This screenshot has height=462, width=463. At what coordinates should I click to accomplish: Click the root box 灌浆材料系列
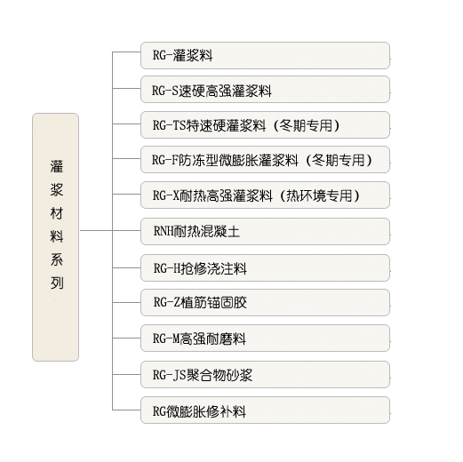pos(55,237)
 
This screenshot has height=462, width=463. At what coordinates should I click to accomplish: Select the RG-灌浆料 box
pos(265,55)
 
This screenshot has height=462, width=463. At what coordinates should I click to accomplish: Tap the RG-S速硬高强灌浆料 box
pos(265,90)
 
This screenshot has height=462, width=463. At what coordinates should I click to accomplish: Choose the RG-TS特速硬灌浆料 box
pos(265,124)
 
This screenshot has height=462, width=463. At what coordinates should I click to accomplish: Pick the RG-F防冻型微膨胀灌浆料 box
pos(265,159)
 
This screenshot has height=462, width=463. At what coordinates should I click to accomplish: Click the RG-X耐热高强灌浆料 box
pos(265,195)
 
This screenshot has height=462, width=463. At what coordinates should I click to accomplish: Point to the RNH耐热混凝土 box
pos(265,231)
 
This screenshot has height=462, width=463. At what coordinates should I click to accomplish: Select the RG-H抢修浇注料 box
pos(265,267)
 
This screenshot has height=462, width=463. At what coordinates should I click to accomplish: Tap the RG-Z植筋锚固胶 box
pos(265,302)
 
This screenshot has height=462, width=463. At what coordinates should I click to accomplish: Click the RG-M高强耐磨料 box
pos(265,338)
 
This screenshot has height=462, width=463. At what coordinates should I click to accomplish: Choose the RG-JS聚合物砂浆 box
pos(265,374)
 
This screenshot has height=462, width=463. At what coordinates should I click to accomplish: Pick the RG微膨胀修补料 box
pos(265,410)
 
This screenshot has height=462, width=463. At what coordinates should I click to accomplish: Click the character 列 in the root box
pos(57,283)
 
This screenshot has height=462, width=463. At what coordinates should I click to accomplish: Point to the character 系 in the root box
pos(57,259)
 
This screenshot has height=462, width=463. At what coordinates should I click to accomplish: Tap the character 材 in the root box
pos(57,213)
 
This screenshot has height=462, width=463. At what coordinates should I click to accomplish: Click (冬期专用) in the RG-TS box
pos(306,125)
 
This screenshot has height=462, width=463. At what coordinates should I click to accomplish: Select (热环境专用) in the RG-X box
pos(319,195)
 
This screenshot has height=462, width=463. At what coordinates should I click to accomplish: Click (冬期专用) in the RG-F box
pos(339,160)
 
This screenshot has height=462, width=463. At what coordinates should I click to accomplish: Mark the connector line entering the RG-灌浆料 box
pos(126,52)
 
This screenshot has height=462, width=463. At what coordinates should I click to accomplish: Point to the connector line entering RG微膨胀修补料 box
pos(126,410)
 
